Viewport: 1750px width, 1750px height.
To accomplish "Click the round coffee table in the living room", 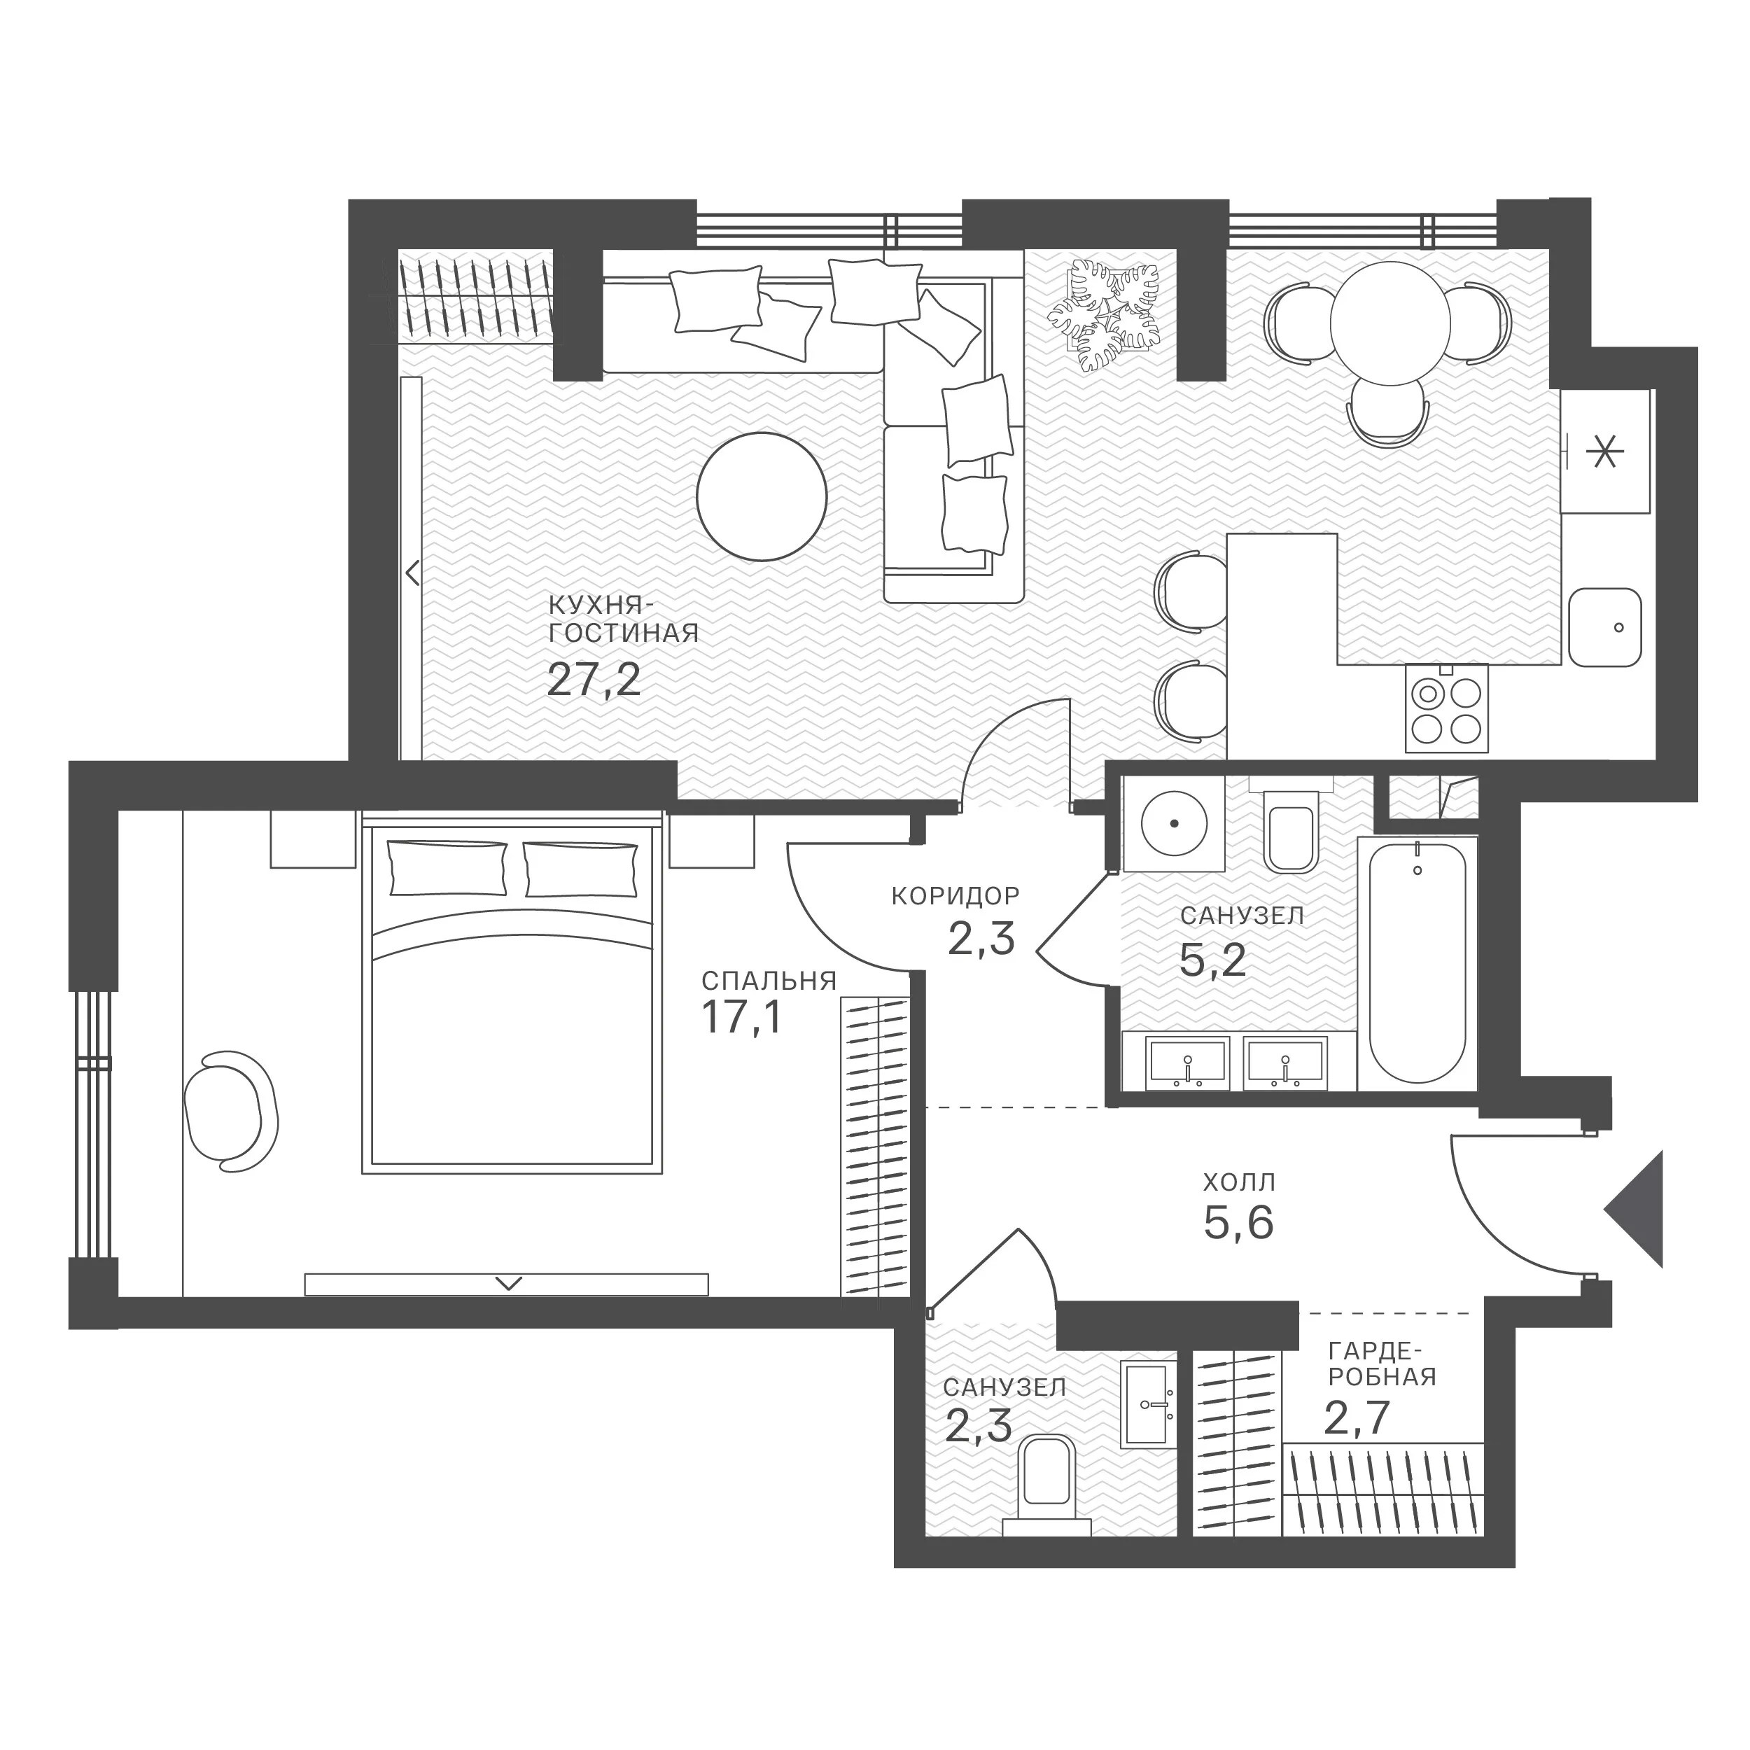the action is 762,496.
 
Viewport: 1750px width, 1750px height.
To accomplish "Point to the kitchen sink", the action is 1605,626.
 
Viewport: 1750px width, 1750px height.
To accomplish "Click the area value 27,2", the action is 594,679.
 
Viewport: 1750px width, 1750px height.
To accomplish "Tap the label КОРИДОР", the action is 955,896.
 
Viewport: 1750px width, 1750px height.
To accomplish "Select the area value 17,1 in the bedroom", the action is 741,1017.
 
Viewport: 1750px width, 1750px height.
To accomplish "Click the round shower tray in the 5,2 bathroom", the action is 1174,823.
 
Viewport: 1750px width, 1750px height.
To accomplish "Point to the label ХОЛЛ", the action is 1239,1182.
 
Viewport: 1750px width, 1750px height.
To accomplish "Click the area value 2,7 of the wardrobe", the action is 1357,1418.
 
